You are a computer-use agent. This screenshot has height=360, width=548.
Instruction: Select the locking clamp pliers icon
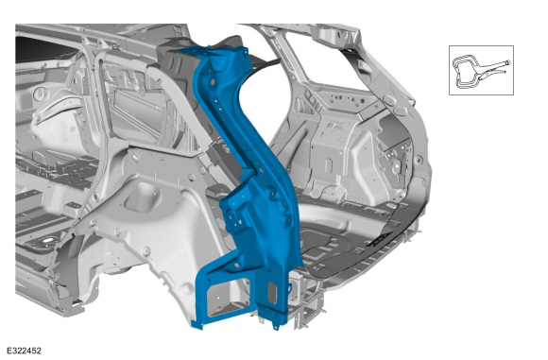pyautogui.click(x=481, y=71)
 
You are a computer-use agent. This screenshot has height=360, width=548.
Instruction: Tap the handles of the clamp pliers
pyautogui.click(x=494, y=67)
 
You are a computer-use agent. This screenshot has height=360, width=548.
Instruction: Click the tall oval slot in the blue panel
pyautogui.click(x=272, y=293)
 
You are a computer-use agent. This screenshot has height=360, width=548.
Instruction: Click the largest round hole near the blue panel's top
pyautogui.click(x=213, y=83)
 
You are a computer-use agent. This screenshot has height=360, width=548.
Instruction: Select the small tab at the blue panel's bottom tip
pyautogui.click(x=276, y=327)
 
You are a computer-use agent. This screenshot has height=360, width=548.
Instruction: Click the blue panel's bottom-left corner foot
pyautogui.click(x=197, y=324)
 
